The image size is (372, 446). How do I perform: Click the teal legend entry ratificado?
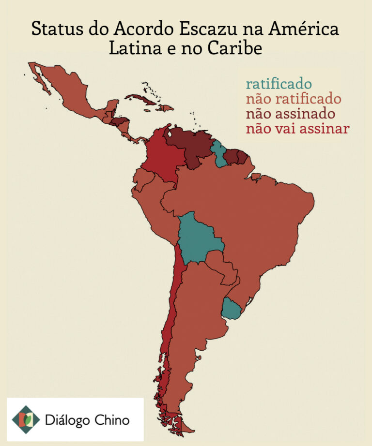(x=279, y=84)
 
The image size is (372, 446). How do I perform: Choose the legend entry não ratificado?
(x=294, y=99)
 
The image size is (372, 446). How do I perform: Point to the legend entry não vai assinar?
(x=297, y=129)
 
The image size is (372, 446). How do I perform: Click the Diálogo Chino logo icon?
(x=26, y=419)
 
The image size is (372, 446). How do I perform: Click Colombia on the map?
(x=162, y=155)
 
